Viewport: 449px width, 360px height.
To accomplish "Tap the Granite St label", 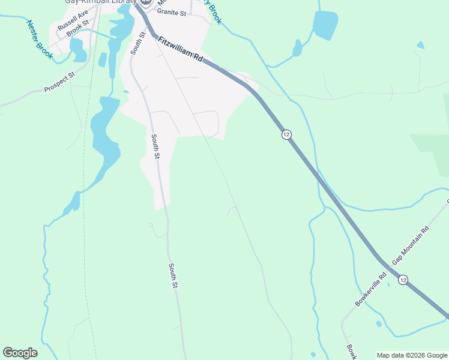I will click(x=172, y=11).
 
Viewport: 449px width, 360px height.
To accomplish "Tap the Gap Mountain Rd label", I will click(x=411, y=246).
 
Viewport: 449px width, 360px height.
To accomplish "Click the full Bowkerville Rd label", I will click(x=371, y=290).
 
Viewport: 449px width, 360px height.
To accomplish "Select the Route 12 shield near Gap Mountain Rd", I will click(x=403, y=280).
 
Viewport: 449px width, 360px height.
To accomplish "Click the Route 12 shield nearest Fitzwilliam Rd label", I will click(x=286, y=135).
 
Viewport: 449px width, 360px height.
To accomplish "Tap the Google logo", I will click(x=20, y=353).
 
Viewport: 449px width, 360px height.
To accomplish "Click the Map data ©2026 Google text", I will click(x=411, y=355).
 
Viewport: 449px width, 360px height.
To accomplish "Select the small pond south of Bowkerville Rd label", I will click(x=379, y=324).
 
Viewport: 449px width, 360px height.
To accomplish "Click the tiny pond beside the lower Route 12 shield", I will click(x=388, y=284).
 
